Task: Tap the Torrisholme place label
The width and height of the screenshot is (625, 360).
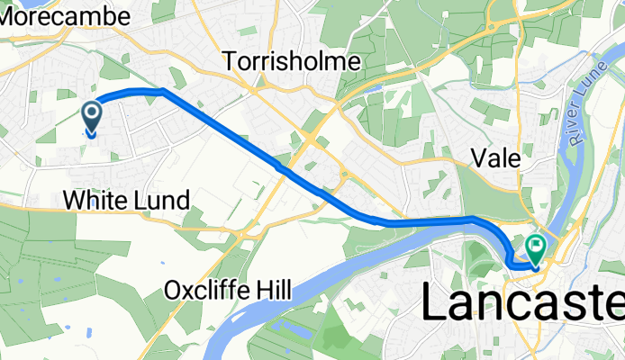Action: click(292, 61)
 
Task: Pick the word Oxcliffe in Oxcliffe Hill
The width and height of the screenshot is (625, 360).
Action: click(208, 291)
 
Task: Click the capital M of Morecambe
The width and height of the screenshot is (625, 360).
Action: click(9, 16)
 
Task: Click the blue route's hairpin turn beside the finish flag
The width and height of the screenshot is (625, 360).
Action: click(511, 262)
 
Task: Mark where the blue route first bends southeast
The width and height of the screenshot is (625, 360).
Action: click(163, 91)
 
